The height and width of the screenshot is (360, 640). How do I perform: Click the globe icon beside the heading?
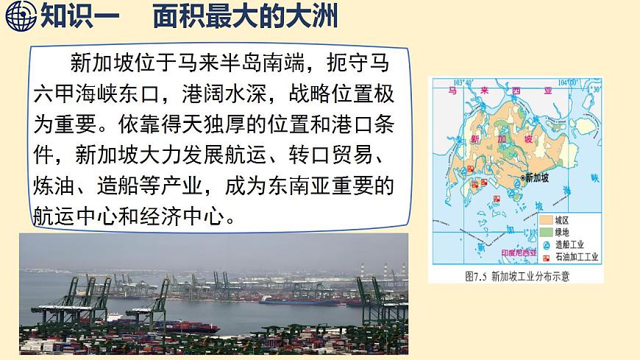click(20, 15)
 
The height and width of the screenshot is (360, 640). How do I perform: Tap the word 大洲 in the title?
click(318, 15)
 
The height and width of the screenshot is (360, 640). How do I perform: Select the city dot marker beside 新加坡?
click(522, 178)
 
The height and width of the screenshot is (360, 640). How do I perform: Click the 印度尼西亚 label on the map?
click(519, 252)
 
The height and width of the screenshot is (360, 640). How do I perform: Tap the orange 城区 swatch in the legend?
click(545, 220)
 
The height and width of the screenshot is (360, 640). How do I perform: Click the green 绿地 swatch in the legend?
click(545, 233)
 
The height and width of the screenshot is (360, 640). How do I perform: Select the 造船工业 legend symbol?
click(545, 245)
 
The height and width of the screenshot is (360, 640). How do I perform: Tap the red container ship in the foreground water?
click(177, 324)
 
